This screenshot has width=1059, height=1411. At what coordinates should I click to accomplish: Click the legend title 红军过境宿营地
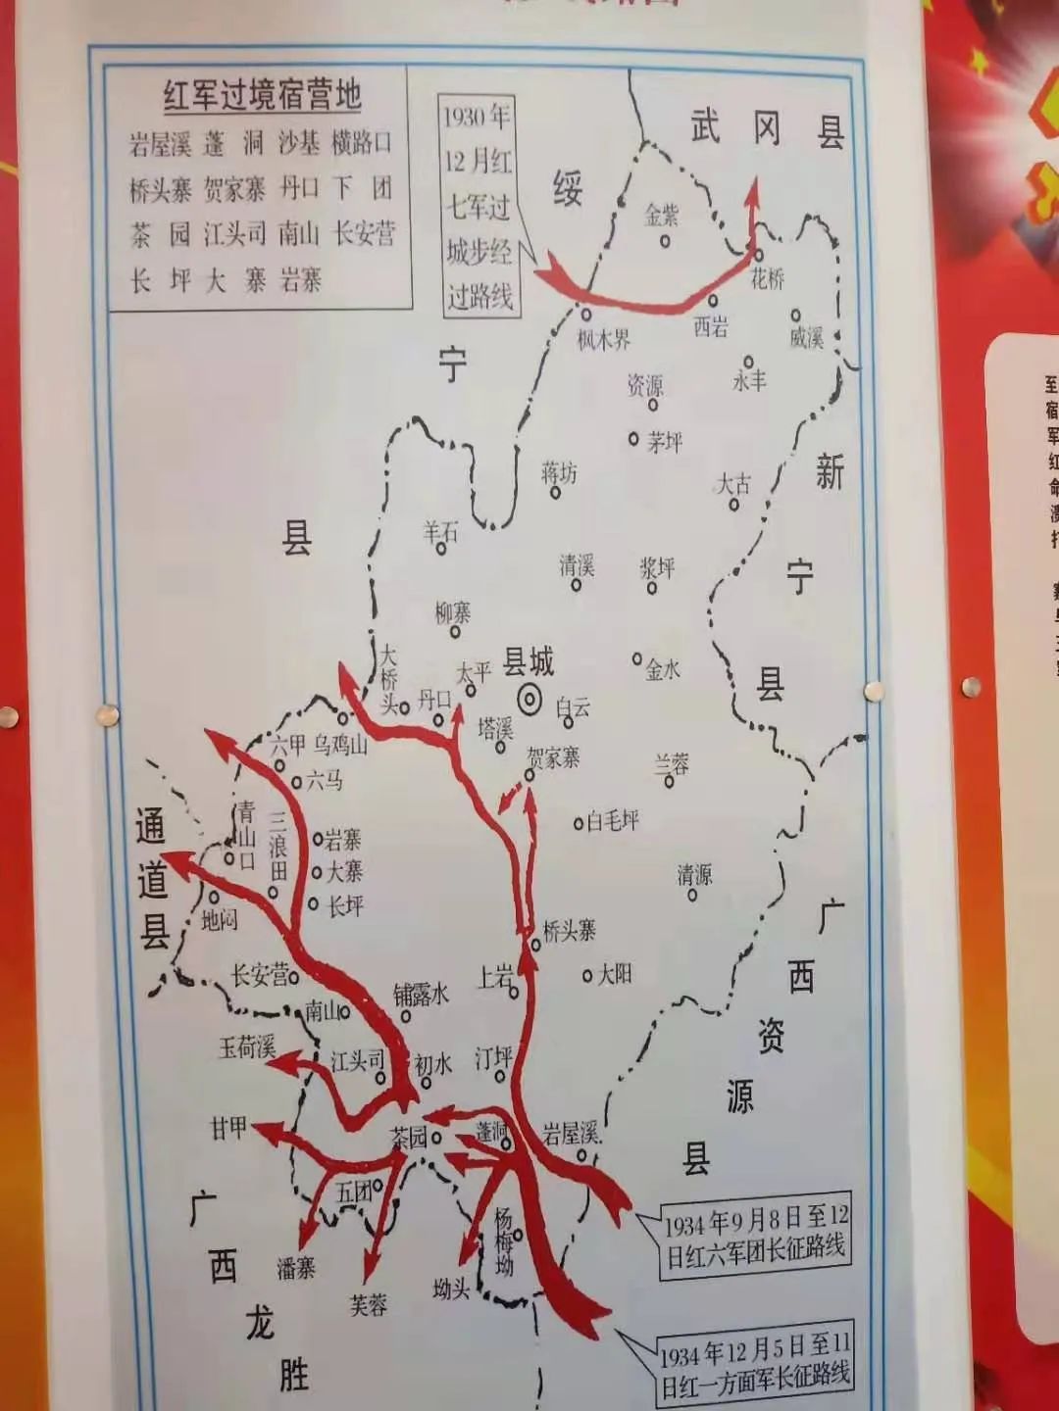tap(262, 95)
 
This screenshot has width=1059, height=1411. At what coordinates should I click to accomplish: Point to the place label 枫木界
tap(603, 340)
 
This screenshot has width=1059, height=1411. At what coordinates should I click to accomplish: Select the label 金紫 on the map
tap(662, 214)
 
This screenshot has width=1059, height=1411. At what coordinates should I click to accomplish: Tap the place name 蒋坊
tap(559, 472)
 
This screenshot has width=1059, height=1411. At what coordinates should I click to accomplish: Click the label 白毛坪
tap(612, 821)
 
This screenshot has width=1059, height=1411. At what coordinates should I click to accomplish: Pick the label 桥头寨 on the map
tap(570, 930)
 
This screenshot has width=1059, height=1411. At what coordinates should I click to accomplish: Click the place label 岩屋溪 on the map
tap(571, 1134)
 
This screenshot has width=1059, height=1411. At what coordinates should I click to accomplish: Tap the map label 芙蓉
tap(369, 1304)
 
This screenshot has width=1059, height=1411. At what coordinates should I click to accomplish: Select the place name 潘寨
tap(295, 1268)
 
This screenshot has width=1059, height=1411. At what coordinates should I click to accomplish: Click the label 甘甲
tap(228, 1128)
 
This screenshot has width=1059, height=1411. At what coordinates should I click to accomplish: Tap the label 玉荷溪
tap(247, 1046)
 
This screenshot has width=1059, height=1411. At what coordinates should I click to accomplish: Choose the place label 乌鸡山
tap(340, 745)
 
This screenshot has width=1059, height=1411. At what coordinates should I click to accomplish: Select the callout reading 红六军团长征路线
tap(755, 1239)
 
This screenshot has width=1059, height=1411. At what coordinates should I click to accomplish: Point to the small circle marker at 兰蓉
tap(671, 782)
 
